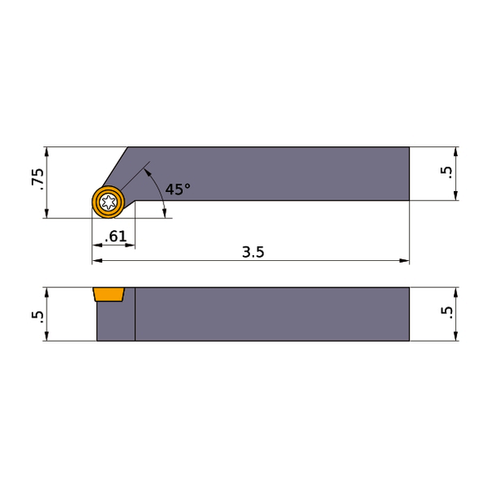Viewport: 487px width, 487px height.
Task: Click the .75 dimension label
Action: pos(35,181)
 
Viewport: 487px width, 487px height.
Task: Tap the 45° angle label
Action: pos(177,189)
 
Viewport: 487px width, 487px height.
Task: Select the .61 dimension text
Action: pos(116,237)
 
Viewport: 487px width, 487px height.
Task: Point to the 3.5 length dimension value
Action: pos(253,252)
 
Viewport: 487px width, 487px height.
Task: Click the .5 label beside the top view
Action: pos(447,173)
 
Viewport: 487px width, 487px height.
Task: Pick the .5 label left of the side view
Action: pos(35,314)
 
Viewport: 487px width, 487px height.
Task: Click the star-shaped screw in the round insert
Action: pos(108,201)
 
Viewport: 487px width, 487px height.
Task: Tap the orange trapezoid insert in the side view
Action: pos(108,294)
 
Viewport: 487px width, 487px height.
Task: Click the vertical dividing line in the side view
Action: pos(135,316)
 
